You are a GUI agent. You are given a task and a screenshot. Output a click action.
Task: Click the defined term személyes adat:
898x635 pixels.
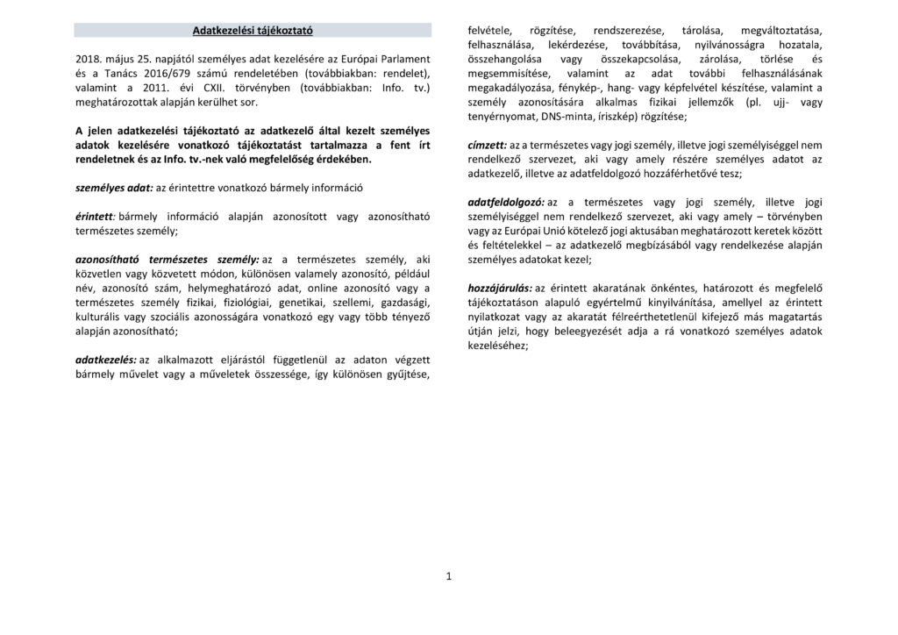point(114,189)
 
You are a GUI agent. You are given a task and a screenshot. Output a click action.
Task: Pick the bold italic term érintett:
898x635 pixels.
point(96,217)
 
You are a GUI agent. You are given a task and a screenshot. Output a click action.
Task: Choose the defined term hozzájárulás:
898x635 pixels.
point(501,288)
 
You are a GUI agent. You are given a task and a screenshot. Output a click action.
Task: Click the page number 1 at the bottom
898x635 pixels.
point(448,576)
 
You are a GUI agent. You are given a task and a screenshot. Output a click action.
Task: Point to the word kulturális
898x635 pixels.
point(100,317)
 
